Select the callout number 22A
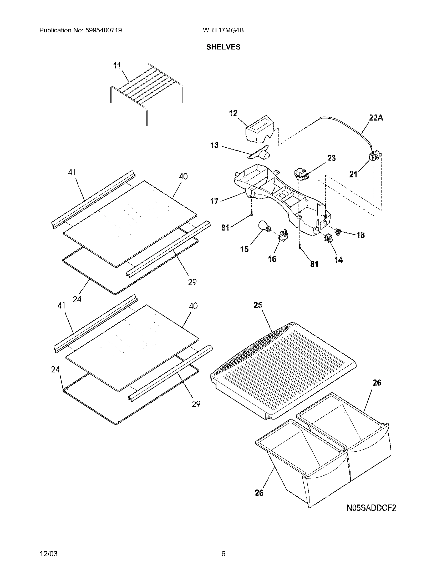point(376,118)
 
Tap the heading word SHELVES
point(223,47)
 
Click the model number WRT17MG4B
point(223,30)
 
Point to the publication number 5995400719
point(104,30)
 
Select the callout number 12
point(233,113)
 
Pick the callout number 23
point(331,158)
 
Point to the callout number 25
point(258,305)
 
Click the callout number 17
point(214,202)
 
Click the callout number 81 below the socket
point(314,264)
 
